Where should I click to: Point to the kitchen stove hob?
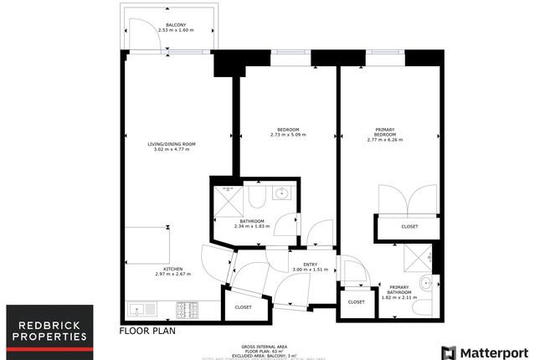coord(187,311)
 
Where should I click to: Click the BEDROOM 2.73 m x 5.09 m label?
coord(288,132)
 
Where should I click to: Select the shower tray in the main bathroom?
coord(229,199)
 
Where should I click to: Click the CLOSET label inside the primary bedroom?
coord(409,226)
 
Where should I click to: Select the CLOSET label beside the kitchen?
coord(243,307)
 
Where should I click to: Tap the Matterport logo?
coord(482,351)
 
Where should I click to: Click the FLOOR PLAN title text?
coord(147,332)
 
